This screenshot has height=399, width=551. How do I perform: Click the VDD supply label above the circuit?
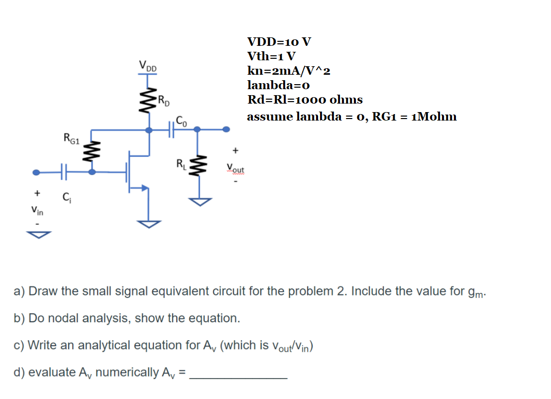tap(147, 65)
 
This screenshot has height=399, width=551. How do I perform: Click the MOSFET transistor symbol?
tap(137, 172)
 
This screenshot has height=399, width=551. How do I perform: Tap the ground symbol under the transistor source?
tap(148, 224)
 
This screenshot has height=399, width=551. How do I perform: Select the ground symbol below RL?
tap(199, 201)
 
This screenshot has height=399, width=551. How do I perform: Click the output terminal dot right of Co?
tap(226, 130)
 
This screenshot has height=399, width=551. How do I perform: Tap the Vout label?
tap(235, 168)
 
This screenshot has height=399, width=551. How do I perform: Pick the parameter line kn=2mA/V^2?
tap(288, 70)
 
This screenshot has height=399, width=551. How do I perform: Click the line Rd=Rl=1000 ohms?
tap(305, 100)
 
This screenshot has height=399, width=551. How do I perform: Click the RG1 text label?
tap(71, 137)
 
